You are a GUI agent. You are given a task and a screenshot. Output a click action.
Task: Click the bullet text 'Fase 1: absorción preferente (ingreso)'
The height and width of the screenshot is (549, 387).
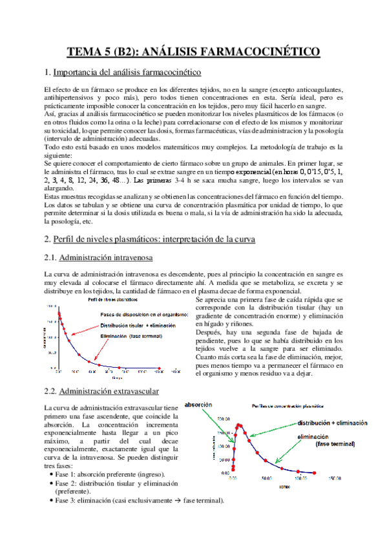[x=110, y=475]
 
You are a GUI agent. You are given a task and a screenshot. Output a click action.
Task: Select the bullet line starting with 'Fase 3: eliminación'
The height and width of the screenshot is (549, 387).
[x=139, y=500]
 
